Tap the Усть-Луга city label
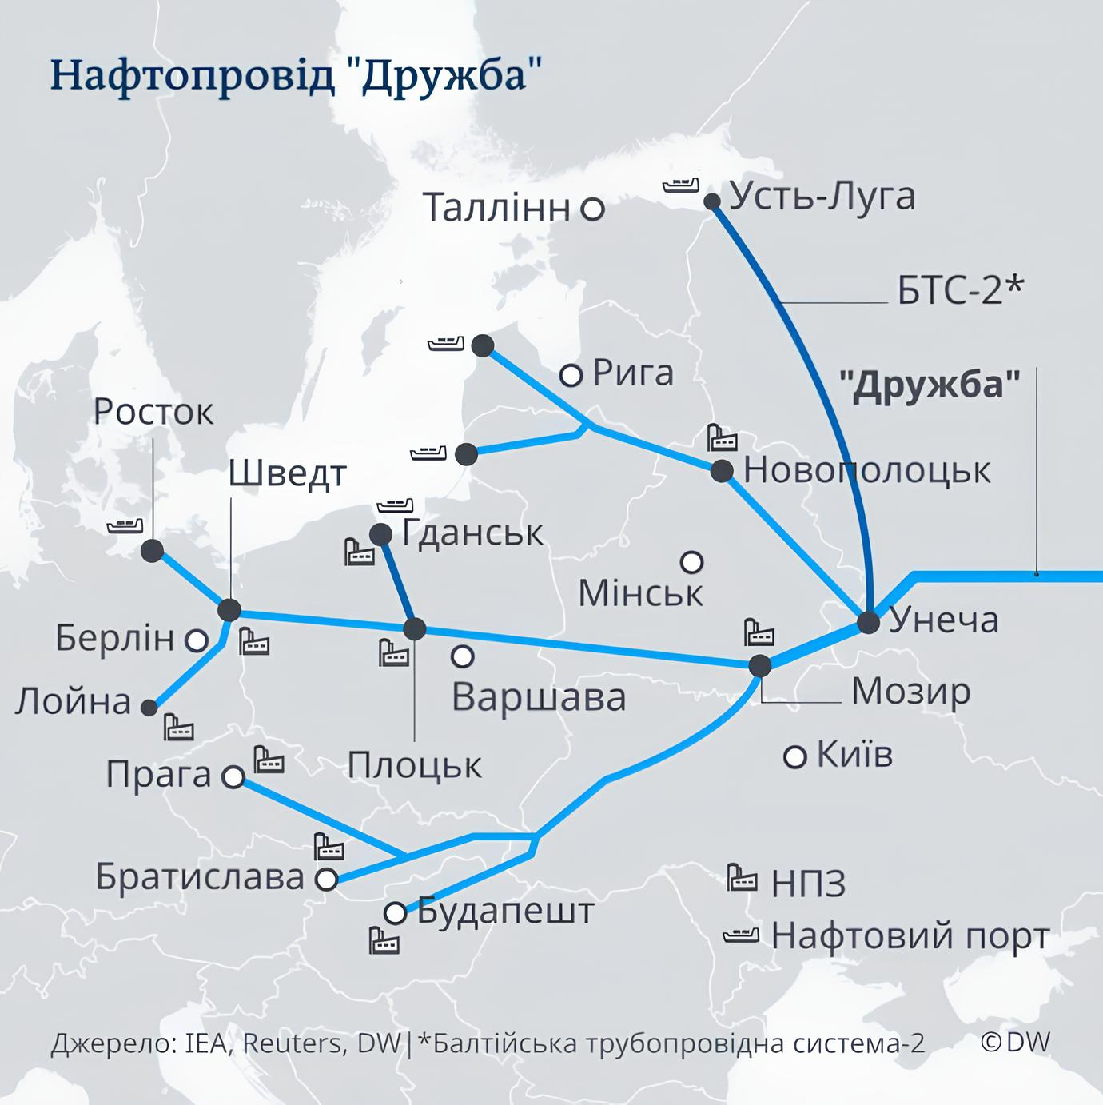[x=822, y=197]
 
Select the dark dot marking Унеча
[x=868, y=622]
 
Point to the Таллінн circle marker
[x=592, y=209]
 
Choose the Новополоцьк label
[x=866, y=470]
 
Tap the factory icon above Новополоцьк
[x=721, y=439]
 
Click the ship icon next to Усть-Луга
[x=680, y=185]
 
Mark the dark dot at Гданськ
[x=380, y=534]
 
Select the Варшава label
[x=539, y=697]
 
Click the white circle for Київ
[x=794, y=756]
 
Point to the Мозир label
[x=910, y=692]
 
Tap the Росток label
[x=153, y=413]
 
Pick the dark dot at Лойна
[x=149, y=708]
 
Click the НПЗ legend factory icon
[x=741, y=878]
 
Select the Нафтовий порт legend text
[x=910, y=936]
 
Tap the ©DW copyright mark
[x=1015, y=1042]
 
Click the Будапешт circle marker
[x=395, y=913]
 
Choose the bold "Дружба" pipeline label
[x=930, y=385]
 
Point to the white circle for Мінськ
[x=691, y=562]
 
